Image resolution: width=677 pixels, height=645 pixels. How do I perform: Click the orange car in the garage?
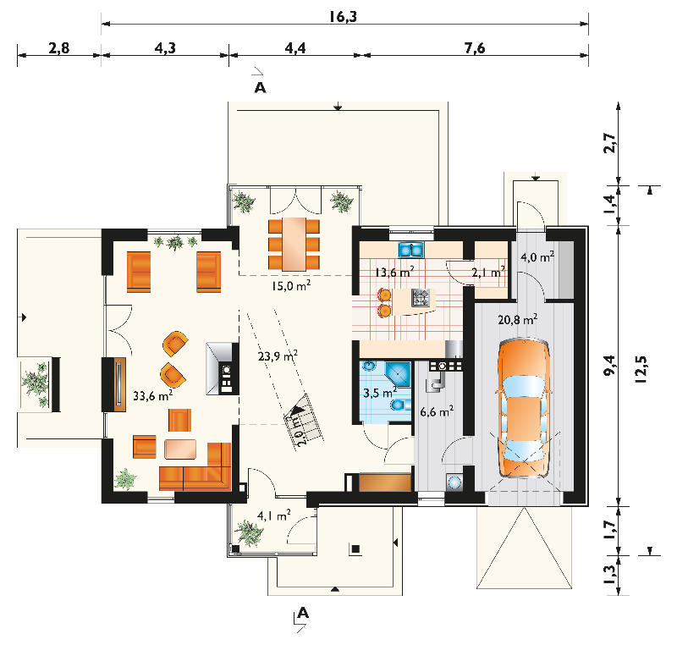[524, 408]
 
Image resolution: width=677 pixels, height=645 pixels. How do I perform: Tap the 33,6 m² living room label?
[153, 395]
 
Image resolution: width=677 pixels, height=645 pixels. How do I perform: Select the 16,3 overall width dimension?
[344, 16]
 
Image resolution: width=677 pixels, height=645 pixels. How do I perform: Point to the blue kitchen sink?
[411, 249]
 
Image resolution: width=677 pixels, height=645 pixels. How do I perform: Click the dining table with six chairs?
[294, 245]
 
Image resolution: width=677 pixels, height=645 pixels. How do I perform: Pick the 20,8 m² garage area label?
[518, 319]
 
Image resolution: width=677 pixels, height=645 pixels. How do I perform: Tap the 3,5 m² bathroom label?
[380, 393]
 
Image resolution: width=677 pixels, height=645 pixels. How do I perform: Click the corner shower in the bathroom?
[398, 374]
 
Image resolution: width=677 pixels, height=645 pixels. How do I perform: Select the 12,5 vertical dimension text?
[641, 369]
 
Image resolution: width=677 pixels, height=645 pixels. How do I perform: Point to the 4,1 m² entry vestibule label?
[273, 515]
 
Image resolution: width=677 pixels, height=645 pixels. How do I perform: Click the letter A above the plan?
[260, 88]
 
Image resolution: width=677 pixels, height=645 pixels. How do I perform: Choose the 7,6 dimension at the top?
[475, 47]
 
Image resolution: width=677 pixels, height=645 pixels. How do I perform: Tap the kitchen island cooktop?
[420, 297]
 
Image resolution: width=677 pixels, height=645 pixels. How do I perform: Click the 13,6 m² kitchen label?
[394, 273]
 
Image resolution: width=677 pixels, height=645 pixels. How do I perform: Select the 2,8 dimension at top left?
[58, 47]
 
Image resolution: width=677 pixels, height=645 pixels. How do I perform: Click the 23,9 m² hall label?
[278, 356]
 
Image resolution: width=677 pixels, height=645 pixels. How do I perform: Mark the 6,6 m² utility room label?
[437, 411]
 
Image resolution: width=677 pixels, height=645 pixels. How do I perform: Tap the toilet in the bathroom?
[399, 405]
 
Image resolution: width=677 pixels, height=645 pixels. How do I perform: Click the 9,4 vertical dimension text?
[609, 365]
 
